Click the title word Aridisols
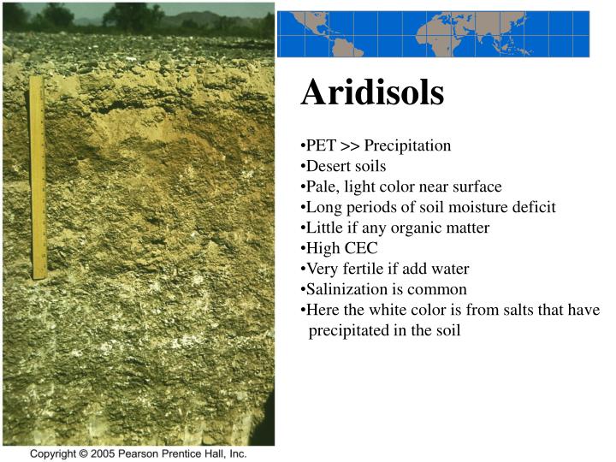point(372,93)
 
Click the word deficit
point(529,207)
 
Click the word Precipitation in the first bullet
point(407,145)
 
